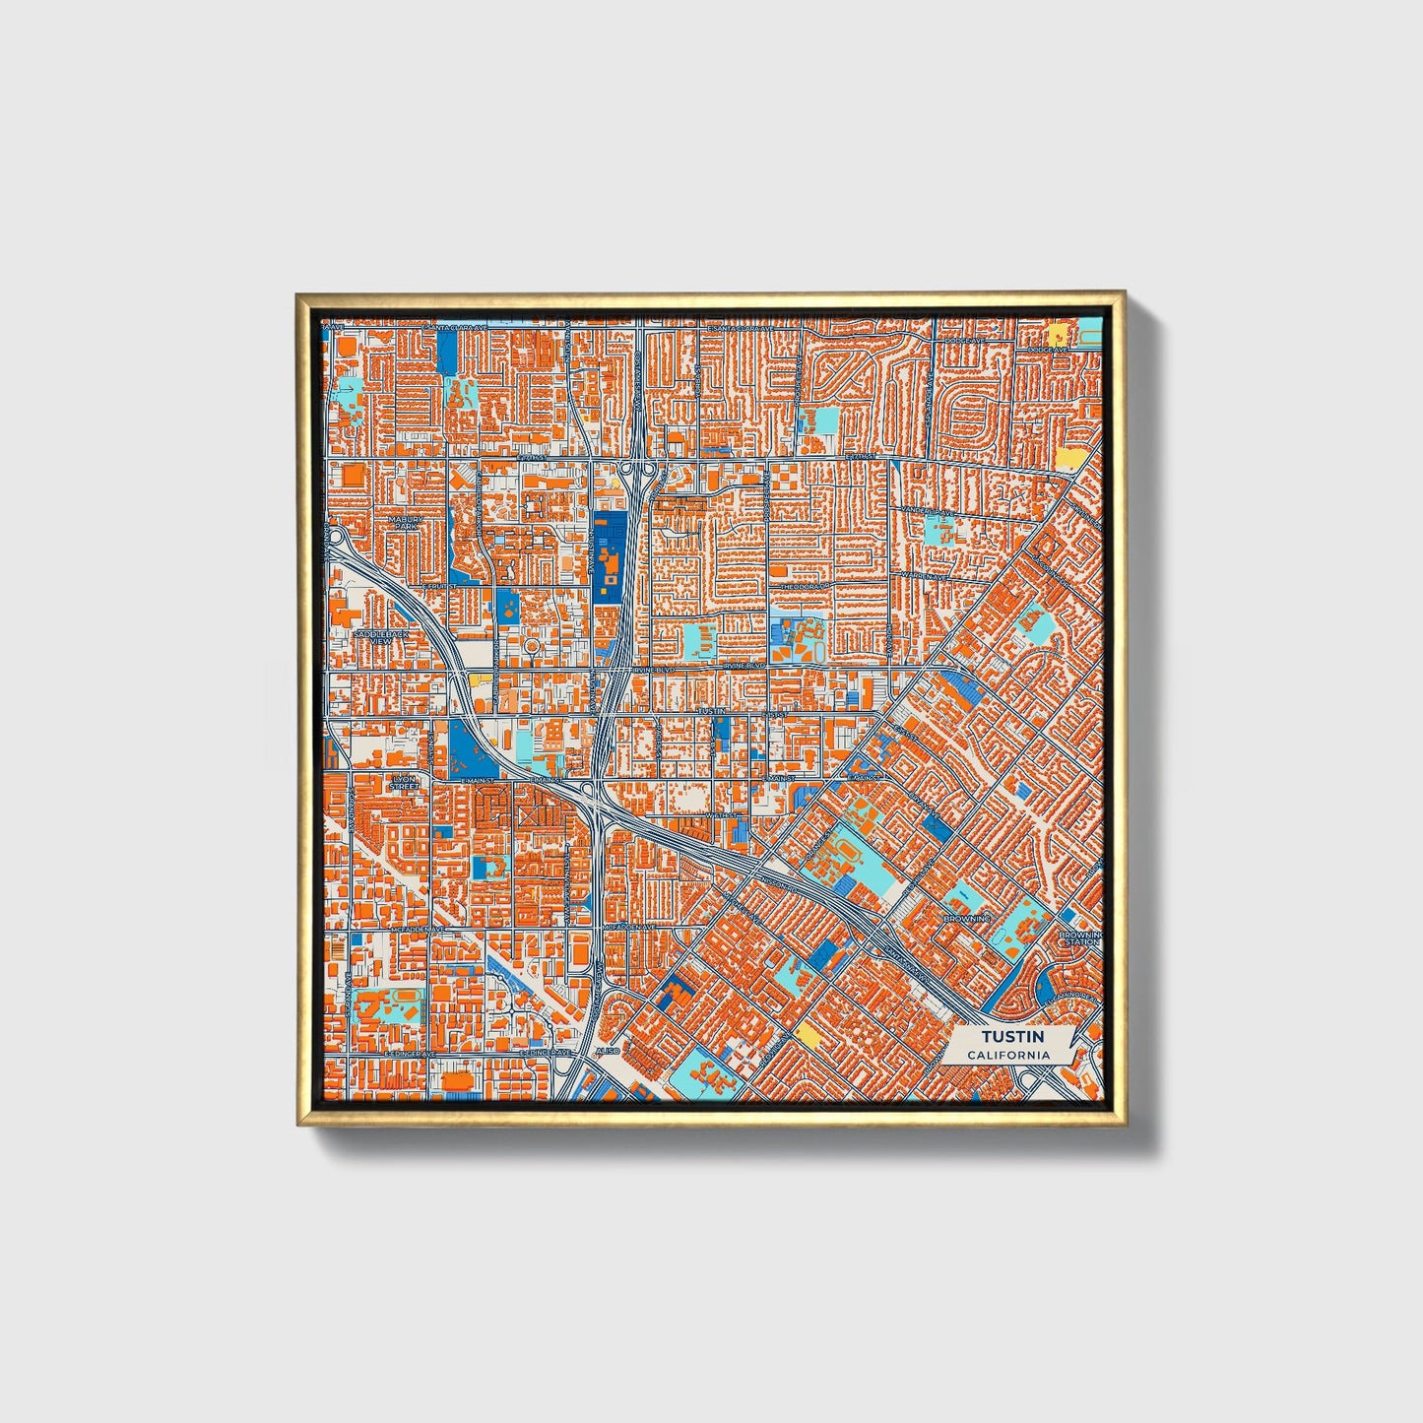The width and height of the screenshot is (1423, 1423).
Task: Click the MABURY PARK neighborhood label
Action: (405, 523)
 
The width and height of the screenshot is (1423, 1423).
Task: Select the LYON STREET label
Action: (404, 783)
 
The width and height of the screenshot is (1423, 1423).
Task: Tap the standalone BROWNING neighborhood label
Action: (966, 919)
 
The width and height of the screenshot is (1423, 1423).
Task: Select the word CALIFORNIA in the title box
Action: (1007, 1055)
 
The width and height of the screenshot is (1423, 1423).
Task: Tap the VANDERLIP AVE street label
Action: (929, 513)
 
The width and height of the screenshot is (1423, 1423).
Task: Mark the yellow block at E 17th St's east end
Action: (1067, 458)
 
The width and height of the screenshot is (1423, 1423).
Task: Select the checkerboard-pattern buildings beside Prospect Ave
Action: (788, 478)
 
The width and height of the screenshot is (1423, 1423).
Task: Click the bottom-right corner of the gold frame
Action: (1124, 1124)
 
